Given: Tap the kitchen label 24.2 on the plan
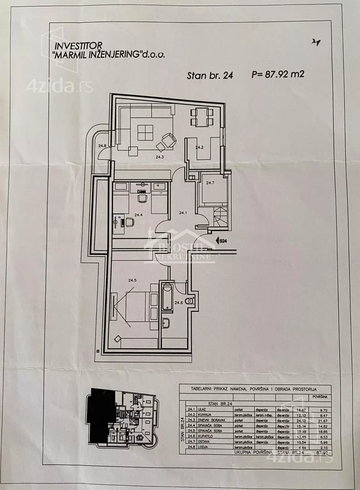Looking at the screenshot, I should [199, 147].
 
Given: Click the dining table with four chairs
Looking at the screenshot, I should [200, 117].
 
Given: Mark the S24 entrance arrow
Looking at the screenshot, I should [221, 241].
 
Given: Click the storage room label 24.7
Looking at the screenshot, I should [209, 183].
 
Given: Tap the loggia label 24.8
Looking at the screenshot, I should [102, 146].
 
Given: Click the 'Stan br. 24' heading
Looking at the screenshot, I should [210, 76].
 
